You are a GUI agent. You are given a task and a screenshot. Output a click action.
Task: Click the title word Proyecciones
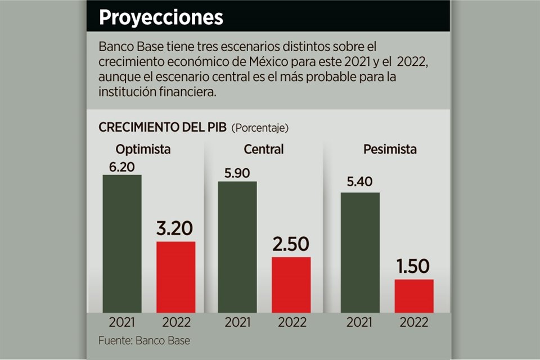point(161,17)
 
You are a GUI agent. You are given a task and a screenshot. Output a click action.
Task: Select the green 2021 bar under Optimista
point(122,244)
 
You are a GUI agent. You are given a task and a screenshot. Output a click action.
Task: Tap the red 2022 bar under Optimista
point(175,277)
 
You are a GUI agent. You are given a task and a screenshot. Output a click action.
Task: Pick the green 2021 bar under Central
point(237,246)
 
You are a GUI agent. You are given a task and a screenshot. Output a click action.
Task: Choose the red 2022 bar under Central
point(291,285)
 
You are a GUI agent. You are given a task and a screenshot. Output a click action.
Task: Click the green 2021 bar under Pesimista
point(360,252)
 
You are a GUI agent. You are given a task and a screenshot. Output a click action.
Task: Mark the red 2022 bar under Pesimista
point(413,296)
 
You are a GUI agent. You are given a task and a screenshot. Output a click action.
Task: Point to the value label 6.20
point(121,166)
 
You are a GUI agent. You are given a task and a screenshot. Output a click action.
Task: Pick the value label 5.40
point(360,183)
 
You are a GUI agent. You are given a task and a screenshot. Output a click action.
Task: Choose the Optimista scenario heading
point(143,150)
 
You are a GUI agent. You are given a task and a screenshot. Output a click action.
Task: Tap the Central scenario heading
point(264,150)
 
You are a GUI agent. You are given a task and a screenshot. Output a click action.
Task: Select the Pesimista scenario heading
point(390,150)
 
